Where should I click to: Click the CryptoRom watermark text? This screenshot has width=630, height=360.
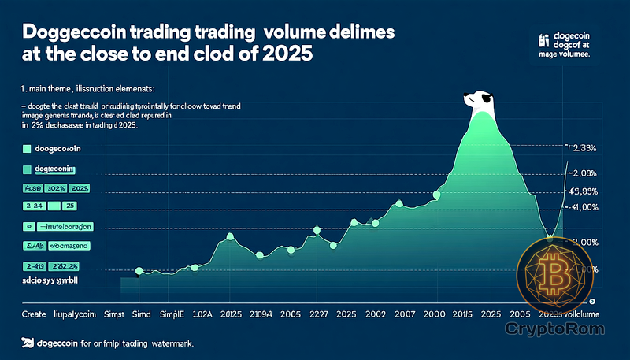click(x=555, y=325)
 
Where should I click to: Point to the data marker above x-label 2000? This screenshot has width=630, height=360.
click(x=437, y=195)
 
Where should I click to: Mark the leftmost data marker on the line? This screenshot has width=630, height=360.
click(x=139, y=272)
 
